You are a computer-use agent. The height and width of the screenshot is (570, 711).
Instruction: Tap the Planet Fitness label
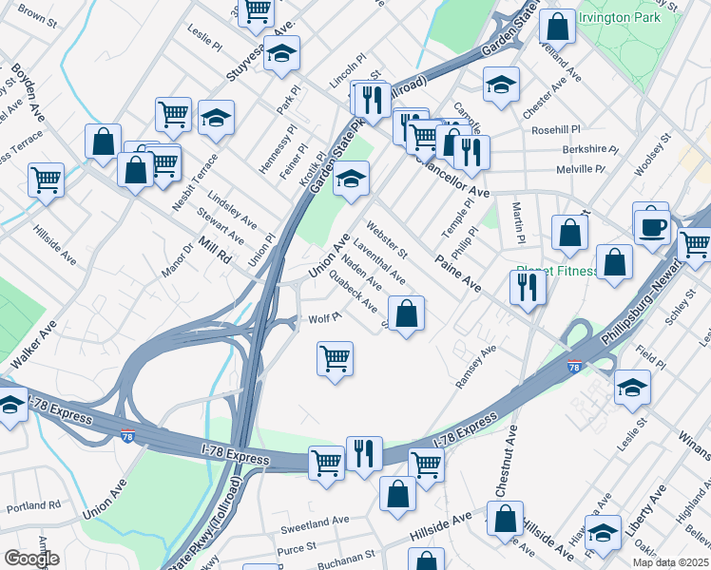coord(557,271)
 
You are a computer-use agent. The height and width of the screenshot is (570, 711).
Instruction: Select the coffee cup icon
coord(652,228)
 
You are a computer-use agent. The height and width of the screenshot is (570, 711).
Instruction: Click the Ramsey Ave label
coord(476,366)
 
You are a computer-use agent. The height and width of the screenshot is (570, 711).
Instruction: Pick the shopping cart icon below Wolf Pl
coord(335,359)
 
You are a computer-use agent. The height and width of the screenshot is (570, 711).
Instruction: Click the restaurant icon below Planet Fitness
coord(528,287)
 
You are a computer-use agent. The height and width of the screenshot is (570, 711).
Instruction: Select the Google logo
coord(31,559)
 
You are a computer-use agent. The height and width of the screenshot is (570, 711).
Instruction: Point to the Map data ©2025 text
coord(670,562)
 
